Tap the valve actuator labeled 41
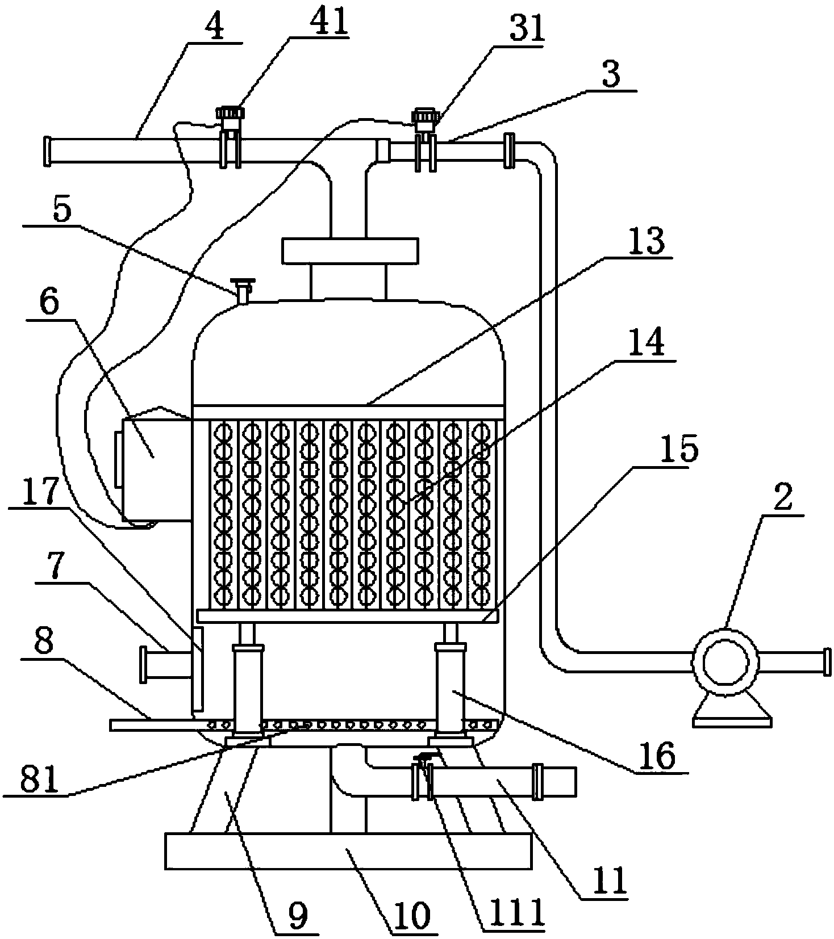pyautogui.click(x=228, y=136)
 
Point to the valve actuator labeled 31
pyautogui.click(x=425, y=139)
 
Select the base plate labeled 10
pyautogui.click(x=348, y=851)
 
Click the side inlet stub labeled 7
pyautogui.click(x=168, y=664)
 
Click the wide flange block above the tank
pyautogui.click(x=349, y=251)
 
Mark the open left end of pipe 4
pyautogui.click(x=47, y=152)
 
